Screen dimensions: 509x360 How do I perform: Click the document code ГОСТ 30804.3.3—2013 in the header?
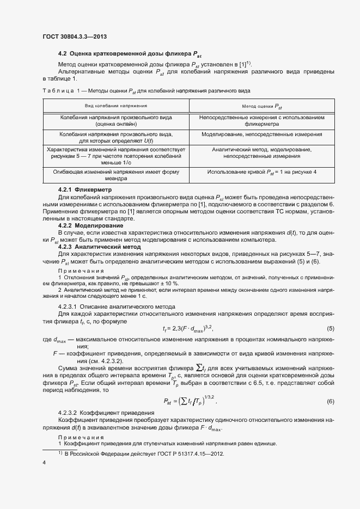74,36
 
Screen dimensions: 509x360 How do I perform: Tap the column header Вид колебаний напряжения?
116,106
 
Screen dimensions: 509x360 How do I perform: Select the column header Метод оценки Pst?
262,106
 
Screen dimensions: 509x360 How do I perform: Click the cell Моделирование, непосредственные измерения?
262,134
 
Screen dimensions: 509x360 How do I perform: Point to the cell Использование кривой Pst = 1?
262,172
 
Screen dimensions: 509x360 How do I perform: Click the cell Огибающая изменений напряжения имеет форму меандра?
116,175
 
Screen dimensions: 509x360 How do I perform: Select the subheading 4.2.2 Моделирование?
90,225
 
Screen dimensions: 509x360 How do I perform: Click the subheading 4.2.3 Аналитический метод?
99,247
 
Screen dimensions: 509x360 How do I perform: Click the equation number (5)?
330,328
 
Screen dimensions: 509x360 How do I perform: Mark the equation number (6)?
330,401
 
